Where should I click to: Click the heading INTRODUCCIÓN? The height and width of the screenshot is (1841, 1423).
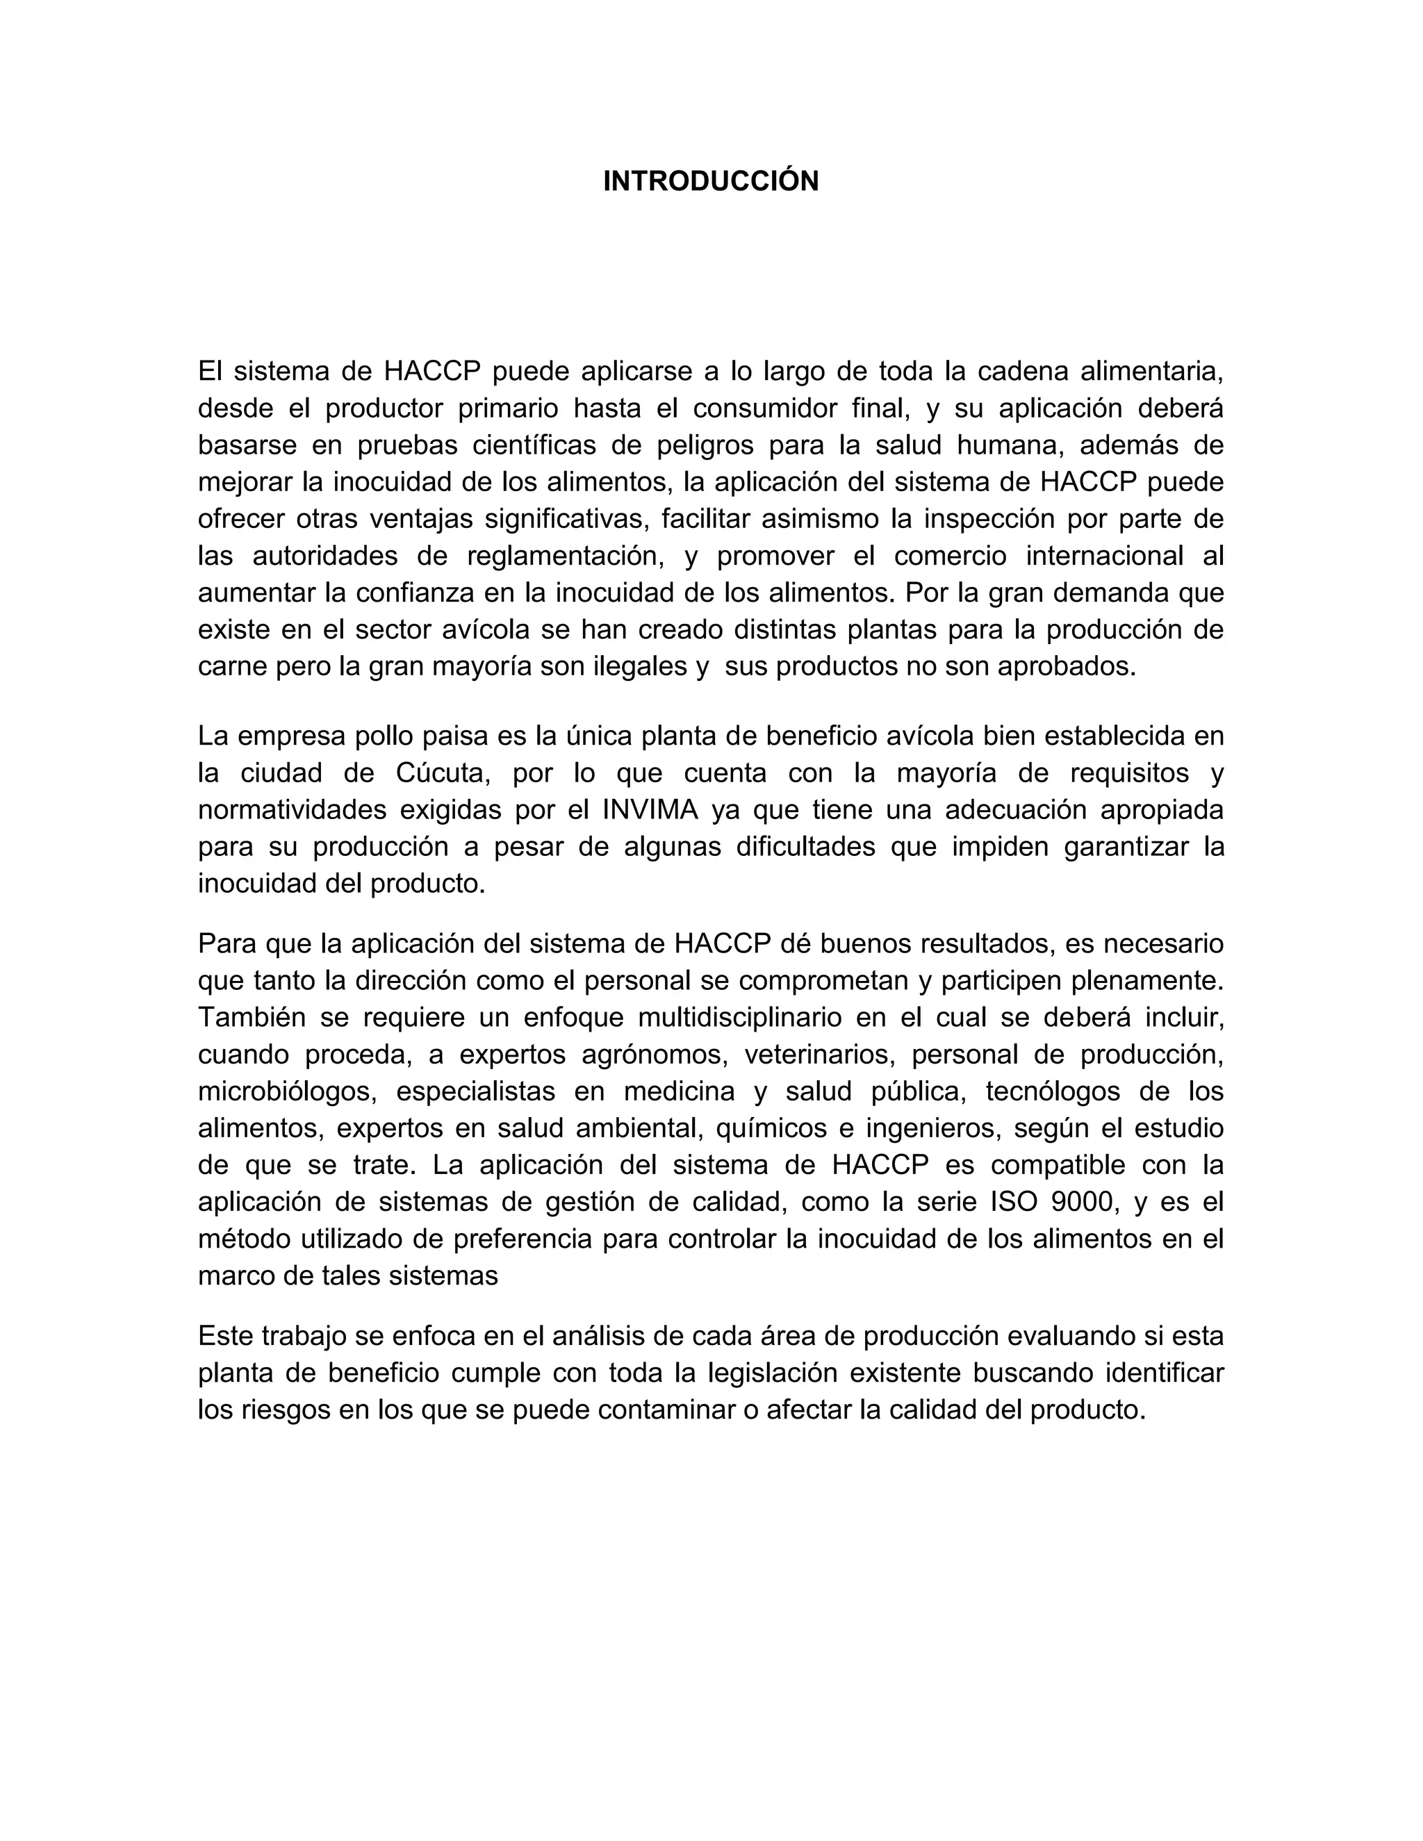click(x=711, y=181)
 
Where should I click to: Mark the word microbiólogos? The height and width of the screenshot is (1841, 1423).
click(x=286, y=1091)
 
